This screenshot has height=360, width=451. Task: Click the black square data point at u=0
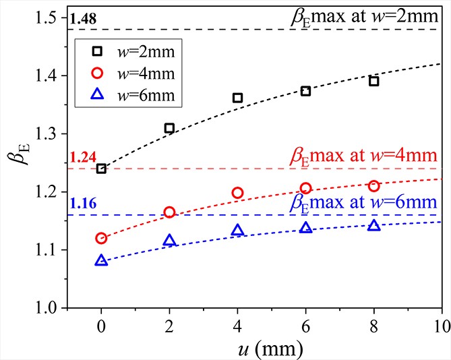(101, 169)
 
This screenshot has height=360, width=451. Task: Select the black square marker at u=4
(237, 98)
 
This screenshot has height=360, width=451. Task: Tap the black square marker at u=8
(373, 81)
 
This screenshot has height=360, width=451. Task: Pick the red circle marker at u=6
(305, 188)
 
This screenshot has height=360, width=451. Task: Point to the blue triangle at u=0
(101, 260)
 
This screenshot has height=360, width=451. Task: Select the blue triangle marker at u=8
(373, 225)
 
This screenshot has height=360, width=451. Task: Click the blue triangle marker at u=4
(237, 231)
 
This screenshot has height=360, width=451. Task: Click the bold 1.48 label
(82, 19)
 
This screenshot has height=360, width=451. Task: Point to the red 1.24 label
(82, 158)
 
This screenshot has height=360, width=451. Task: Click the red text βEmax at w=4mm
(367, 156)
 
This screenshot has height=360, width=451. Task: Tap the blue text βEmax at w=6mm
(367, 202)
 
